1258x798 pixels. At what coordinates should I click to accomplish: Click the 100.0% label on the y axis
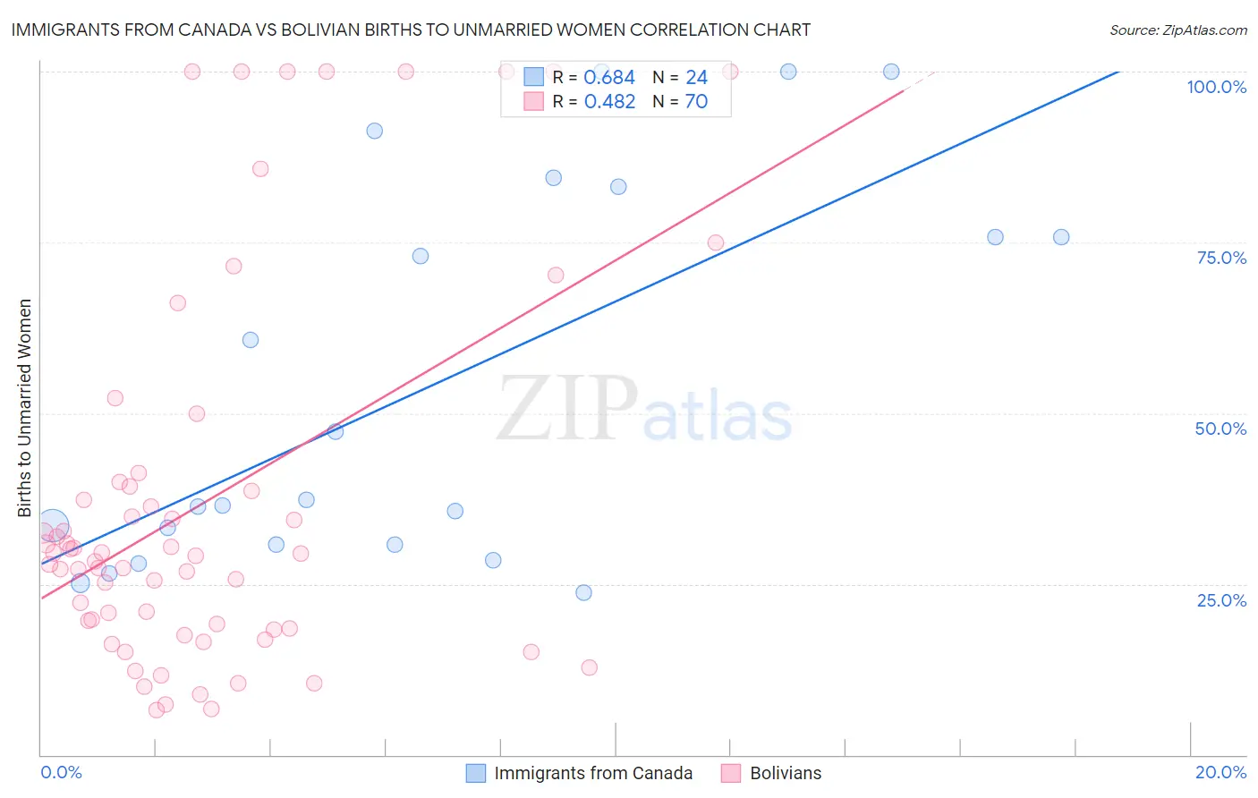click(1216, 87)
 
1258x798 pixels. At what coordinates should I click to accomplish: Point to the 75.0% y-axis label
click(1221, 258)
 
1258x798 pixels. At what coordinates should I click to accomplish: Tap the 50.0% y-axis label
click(1220, 429)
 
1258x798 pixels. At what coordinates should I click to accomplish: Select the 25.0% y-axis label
click(1221, 600)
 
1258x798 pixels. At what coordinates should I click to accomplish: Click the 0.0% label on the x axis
click(61, 772)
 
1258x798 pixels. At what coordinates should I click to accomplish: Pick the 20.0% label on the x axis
click(1220, 772)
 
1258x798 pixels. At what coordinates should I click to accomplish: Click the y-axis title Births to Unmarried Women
click(24, 408)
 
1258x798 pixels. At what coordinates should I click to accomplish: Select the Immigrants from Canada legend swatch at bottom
click(476, 773)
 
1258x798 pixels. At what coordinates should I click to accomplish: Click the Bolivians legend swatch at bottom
click(731, 773)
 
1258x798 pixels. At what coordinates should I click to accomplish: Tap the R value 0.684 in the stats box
click(609, 78)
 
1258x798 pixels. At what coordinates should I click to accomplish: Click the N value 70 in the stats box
click(696, 102)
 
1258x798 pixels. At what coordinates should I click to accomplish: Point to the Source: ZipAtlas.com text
click(1177, 30)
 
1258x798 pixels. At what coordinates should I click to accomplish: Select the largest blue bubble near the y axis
click(52, 526)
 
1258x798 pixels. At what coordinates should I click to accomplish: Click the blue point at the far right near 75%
click(1061, 237)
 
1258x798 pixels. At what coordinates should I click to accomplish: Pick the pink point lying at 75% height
click(716, 242)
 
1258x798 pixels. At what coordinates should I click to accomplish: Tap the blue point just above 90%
click(375, 131)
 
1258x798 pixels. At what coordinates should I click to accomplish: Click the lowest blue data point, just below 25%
click(583, 592)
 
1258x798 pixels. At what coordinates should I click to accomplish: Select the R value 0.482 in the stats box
click(609, 102)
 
